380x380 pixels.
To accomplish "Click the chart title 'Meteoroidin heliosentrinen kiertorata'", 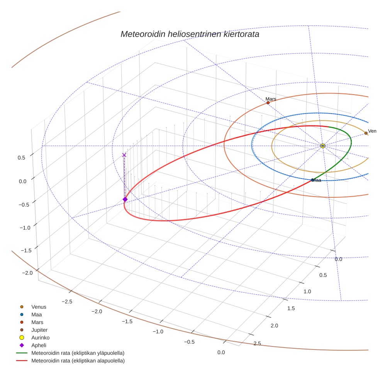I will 190,34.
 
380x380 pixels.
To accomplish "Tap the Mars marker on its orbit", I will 268,103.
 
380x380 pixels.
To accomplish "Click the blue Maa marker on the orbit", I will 312,180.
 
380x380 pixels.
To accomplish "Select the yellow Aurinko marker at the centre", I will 323,146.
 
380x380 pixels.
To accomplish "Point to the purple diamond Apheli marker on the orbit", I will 125,199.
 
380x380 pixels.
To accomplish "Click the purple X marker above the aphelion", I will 124,155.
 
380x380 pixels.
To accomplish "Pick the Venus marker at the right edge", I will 366,133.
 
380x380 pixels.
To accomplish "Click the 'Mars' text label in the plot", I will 271,99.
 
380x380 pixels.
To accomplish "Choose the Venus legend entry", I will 39,307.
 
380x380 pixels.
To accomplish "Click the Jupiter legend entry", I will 39,330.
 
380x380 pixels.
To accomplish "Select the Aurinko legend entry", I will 40,338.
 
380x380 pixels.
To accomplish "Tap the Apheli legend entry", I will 39,345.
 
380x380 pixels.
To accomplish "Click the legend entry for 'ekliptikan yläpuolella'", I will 78,353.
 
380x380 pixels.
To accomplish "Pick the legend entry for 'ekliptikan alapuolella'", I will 78,361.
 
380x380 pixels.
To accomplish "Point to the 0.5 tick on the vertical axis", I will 21,158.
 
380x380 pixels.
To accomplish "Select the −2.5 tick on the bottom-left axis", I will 66,301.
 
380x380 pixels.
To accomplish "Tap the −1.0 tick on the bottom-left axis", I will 158,331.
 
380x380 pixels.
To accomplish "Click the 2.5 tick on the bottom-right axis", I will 257,343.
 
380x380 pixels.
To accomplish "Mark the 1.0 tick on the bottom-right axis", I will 307,292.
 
